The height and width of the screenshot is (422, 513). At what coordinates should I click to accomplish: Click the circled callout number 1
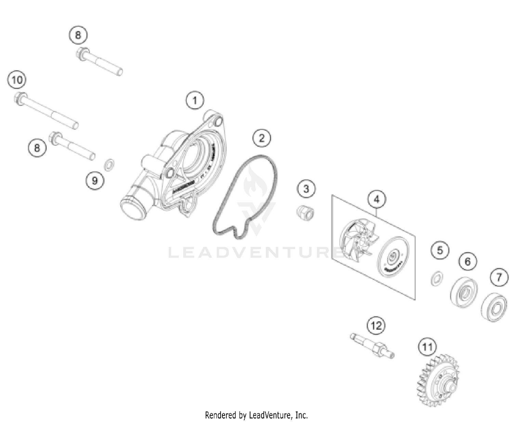(195, 101)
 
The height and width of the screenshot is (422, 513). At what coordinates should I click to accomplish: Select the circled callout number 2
(262, 138)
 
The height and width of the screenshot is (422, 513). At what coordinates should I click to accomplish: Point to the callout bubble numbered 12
(376, 325)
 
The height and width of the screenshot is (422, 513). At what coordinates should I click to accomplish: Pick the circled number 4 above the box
(377, 199)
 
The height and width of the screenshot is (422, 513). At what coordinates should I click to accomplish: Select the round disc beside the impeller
(393, 257)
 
